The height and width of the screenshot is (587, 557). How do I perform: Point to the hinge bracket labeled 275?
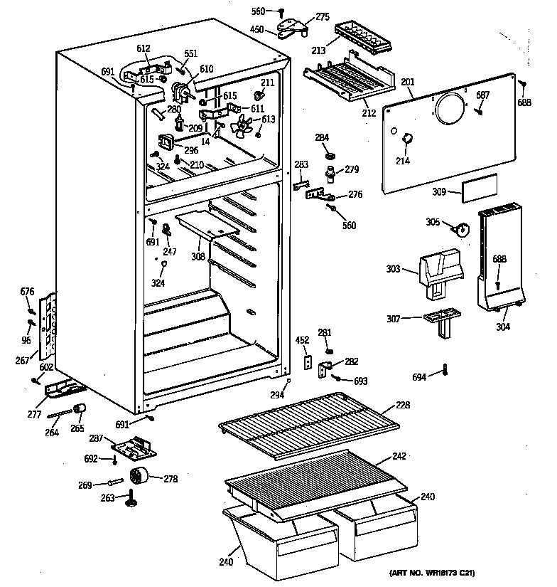tap(297, 27)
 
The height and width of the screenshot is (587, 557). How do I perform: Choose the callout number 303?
tap(394, 270)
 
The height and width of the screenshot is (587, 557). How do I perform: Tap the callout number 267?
tap(22, 361)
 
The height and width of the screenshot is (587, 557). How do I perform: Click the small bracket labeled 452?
tap(308, 362)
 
